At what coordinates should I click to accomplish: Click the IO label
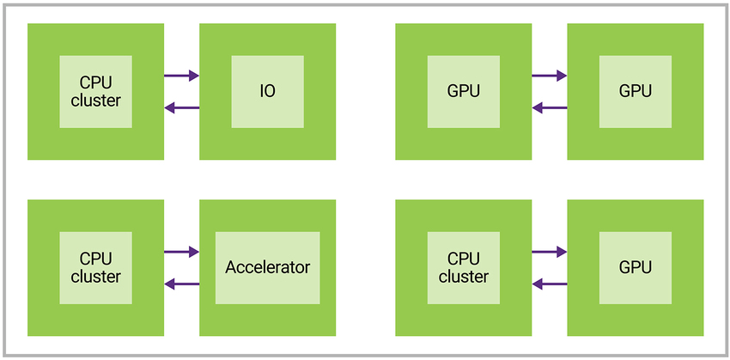click(x=268, y=91)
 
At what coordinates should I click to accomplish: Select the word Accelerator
click(x=268, y=267)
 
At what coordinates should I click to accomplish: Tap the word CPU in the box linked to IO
click(x=96, y=82)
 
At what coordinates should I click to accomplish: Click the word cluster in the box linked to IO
click(x=96, y=100)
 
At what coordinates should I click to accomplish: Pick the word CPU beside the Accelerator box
click(x=96, y=259)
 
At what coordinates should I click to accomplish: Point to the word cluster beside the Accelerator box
click(x=96, y=276)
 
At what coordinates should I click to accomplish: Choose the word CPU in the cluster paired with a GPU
click(x=464, y=259)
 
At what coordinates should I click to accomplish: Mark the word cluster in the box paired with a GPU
click(x=464, y=276)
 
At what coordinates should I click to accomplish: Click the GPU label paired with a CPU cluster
click(x=636, y=267)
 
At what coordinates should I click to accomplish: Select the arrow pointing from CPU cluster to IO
click(x=181, y=76)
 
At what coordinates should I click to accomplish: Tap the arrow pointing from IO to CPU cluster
click(x=181, y=107)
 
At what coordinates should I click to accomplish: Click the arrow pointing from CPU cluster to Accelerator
click(x=181, y=252)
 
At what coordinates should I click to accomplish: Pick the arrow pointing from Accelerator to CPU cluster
click(x=181, y=284)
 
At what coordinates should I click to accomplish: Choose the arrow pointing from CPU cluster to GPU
click(x=549, y=252)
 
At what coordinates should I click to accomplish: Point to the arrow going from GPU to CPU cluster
click(x=549, y=284)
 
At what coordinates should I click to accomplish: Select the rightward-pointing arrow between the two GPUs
click(x=549, y=76)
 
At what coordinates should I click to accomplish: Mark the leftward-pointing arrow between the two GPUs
click(x=549, y=107)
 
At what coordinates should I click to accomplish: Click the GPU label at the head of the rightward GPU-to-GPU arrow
click(x=636, y=91)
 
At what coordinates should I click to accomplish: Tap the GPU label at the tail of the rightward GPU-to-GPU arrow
click(x=464, y=91)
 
